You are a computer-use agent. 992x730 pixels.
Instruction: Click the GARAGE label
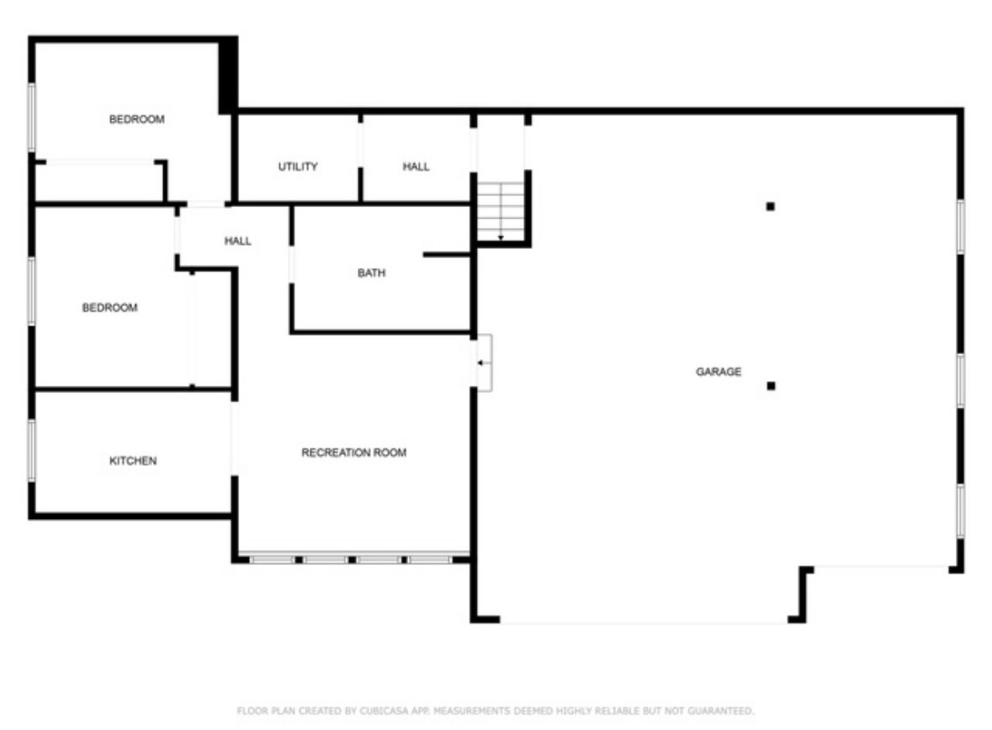[x=718, y=372]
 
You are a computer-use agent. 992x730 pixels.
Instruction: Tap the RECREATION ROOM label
[x=353, y=453]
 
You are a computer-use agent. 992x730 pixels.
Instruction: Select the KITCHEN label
[x=133, y=461]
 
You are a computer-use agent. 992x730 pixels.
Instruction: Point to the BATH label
[x=371, y=273]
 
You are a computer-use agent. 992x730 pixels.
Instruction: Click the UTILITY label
[x=298, y=167]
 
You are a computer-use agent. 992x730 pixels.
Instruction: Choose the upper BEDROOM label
[x=136, y=119]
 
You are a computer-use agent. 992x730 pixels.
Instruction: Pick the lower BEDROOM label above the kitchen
[x=109, y=308]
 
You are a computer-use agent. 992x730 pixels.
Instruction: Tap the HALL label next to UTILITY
[x=416, y=167]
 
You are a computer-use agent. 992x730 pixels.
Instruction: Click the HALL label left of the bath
[x=237, y=241]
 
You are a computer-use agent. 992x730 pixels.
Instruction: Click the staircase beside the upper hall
[x=501, y=209]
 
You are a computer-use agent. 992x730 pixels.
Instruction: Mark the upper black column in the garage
[x=770, y=206]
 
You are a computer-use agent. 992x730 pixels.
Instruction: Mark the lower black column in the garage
[x=770, y=386]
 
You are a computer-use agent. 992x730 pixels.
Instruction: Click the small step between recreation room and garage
[x=484, y=362]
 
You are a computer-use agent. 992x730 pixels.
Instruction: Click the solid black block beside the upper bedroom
[x=227, y=76]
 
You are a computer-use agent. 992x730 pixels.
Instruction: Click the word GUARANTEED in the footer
[x=723, y=711]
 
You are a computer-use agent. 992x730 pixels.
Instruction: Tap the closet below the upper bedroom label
[x=99, y=181]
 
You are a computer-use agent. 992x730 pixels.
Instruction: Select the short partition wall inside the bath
[x=446, y=254]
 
